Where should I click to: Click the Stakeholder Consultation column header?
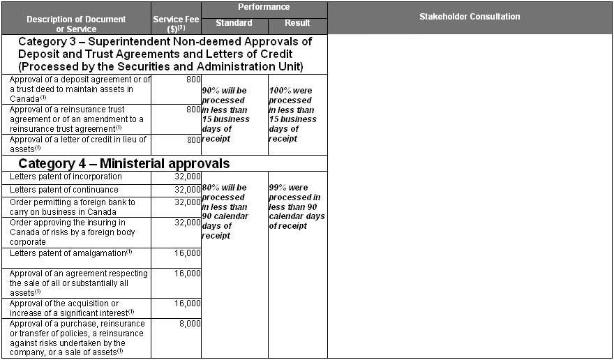coord(470,17)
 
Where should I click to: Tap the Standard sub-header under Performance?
coord(234,24)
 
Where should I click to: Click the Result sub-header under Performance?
coord(298,24)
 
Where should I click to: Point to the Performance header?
coord(264,8)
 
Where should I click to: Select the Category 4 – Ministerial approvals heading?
coord(124,164)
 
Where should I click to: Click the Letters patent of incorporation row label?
coord(66,177)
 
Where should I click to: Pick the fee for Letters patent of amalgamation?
coord(188,253)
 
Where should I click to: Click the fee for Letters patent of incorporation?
coord(188,177)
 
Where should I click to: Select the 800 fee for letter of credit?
coord(193,140)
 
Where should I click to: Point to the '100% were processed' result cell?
coord(292,114)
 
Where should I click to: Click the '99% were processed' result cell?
coord(297,207)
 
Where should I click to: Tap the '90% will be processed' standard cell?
coord(225,114)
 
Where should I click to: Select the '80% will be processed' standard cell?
coord(225,211)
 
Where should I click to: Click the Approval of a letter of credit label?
coord(77,144)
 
